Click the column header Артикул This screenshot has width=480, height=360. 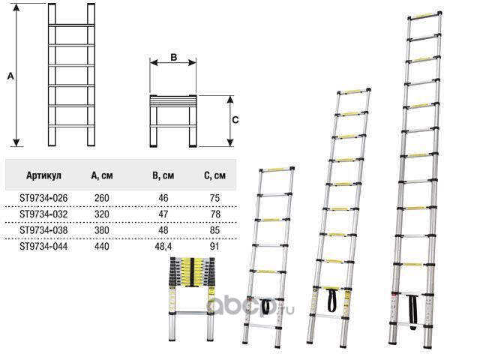43,176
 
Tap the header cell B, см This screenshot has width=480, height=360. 163,176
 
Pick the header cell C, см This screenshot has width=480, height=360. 216,176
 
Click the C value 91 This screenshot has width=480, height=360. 215,244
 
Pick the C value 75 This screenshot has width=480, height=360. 215,197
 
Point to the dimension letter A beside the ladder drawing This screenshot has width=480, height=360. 10,76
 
